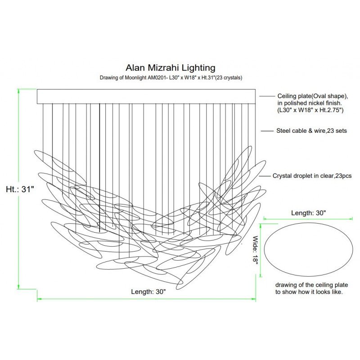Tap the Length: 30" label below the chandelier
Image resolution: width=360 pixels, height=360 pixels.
[148, 292]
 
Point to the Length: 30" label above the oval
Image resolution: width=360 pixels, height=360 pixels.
[308, 212]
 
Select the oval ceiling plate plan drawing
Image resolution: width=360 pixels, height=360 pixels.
[308, 251]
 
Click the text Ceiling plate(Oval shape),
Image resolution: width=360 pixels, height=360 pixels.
[313, 97]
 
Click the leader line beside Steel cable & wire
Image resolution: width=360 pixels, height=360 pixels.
[269, 131]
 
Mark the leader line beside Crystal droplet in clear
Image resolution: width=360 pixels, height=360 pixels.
[265, 176]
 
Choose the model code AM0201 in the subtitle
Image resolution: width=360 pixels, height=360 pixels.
[158, 78]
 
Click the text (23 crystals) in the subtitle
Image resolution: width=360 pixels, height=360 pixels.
[229, 78]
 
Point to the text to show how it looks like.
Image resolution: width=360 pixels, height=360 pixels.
[309, 292]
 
